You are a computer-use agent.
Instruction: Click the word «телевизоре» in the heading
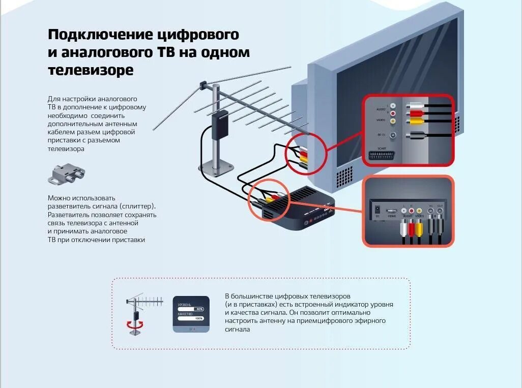point(91,71)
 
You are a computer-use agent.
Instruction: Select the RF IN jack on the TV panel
point(392,135)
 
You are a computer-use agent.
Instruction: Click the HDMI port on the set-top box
point(391,211)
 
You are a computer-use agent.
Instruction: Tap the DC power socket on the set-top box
point(377,209)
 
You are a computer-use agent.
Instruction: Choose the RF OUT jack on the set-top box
point(440,210)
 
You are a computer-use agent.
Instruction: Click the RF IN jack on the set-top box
point(430,210)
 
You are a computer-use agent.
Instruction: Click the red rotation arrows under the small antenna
point(134,324)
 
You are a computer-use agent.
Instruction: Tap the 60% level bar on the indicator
point(190,309)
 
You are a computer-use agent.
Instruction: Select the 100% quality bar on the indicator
point(190,318)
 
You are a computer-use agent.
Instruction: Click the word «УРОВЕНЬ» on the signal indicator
point(184,305)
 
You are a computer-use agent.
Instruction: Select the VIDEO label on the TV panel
point(381,121)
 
